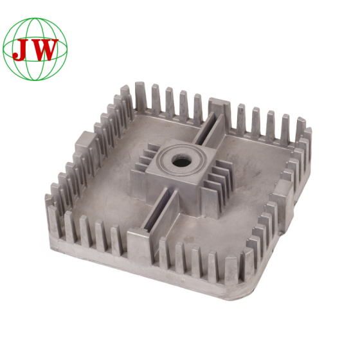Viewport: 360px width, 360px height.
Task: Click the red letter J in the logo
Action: tap(21, 50)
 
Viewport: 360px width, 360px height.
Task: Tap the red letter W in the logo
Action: tap(44, 50)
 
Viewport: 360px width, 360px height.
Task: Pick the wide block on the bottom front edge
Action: tap(138, 243)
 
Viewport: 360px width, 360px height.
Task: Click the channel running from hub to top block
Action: tap(208, 129)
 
